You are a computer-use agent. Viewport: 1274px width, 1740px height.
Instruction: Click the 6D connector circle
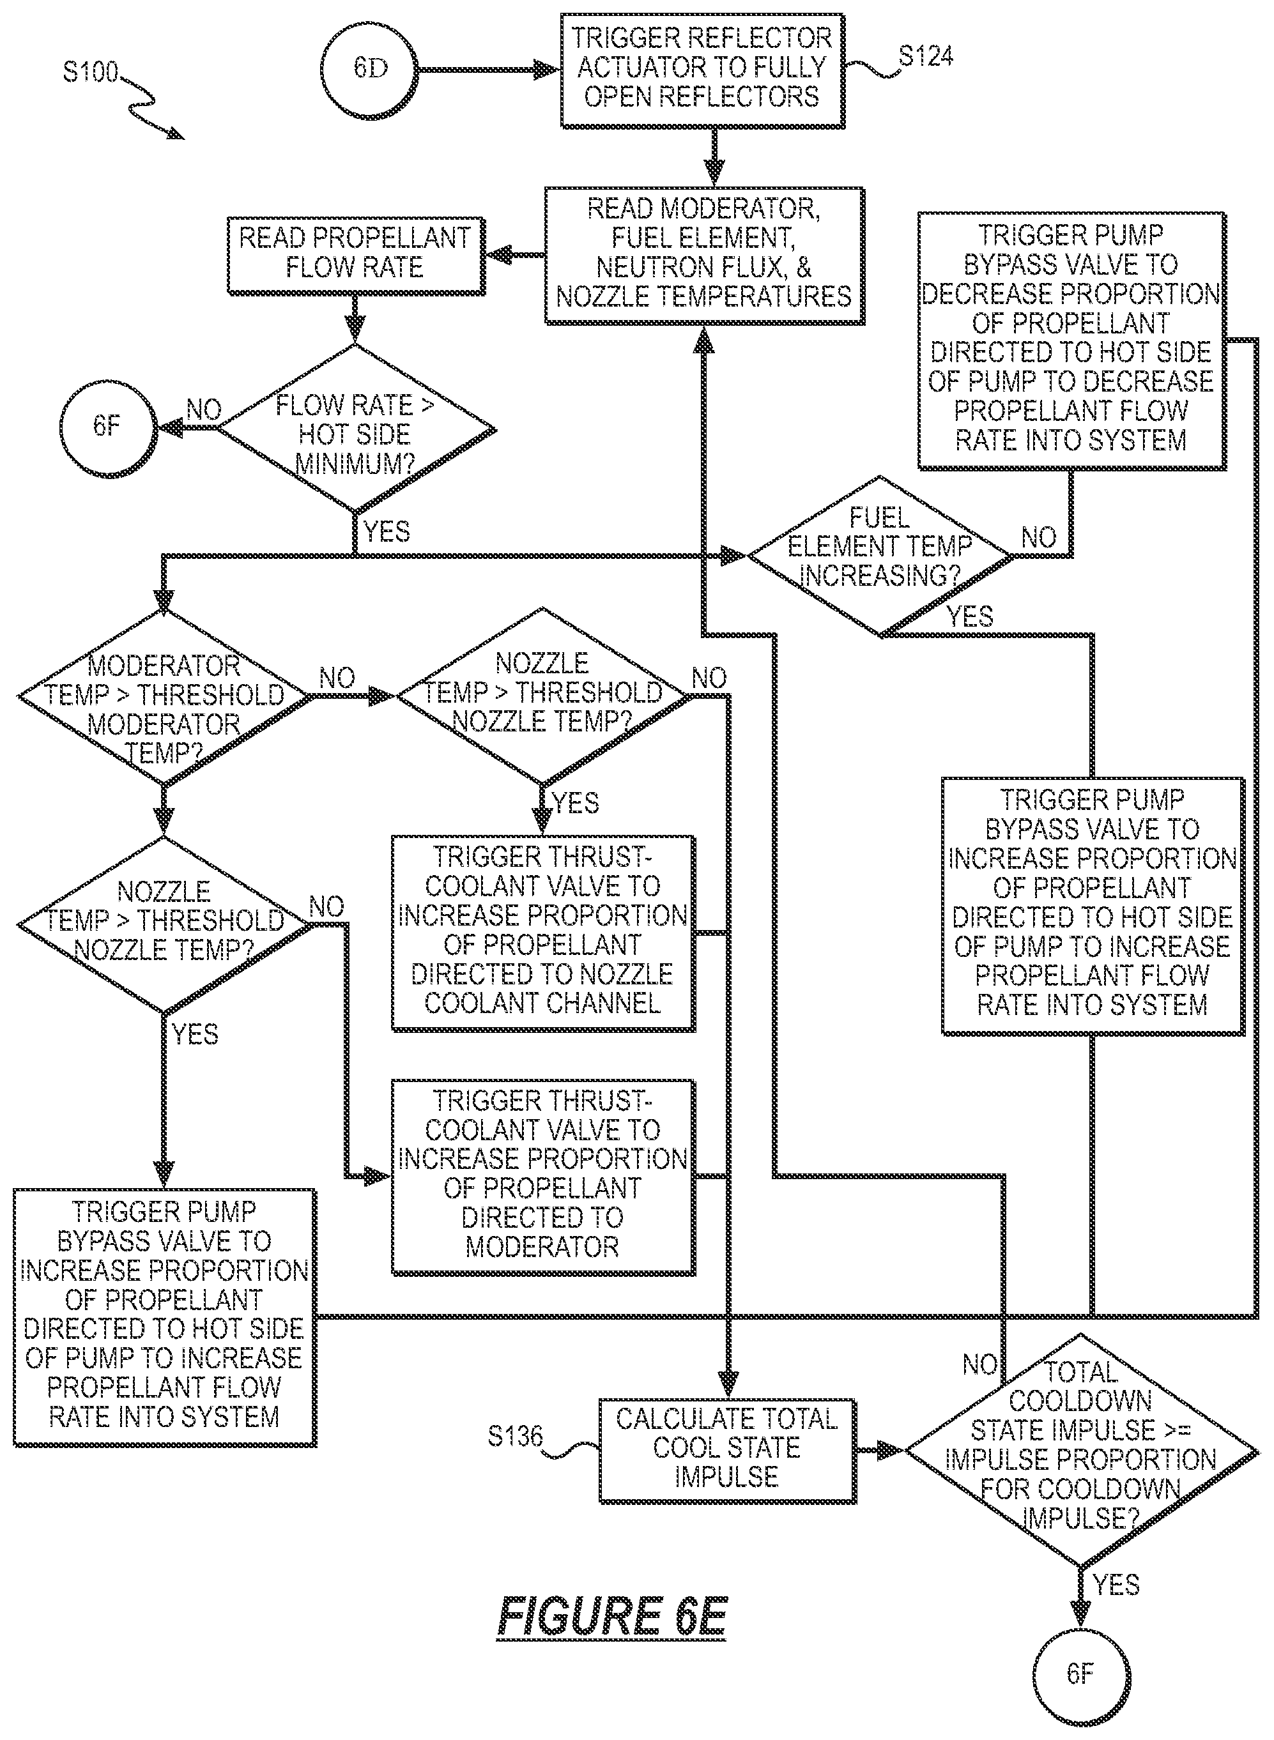370,70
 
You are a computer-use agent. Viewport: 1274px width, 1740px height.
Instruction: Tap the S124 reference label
925,56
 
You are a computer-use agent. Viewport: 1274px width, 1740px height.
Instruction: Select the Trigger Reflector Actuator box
702,70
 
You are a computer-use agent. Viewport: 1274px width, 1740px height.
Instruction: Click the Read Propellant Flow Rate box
355,256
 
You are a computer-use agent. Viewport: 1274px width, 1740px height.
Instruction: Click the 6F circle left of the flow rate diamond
108,426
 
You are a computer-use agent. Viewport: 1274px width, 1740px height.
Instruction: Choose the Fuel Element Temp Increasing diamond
879,556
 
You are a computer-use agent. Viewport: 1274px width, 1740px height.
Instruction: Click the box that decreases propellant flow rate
1071,340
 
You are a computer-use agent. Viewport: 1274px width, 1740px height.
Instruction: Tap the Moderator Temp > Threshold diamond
164,698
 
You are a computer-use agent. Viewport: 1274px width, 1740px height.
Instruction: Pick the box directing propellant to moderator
543,1177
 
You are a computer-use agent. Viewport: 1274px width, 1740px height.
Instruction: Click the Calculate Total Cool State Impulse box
727,1451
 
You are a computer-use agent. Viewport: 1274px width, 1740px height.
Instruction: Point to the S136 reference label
515,1436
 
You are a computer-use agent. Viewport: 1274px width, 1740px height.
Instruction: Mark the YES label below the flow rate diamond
387,531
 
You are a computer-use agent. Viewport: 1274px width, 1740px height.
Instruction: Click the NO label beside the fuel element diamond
1038,537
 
